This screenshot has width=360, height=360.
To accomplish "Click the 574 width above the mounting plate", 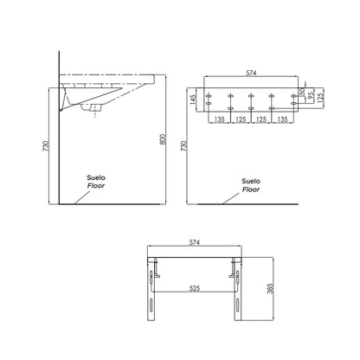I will [x=251, y=73].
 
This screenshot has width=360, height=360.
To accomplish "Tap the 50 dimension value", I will [x=301, y=92].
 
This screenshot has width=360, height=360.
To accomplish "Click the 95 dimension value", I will [x=311, y=95].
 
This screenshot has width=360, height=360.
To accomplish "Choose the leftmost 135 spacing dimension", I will [x=220, y=119].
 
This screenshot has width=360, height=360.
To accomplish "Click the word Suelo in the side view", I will [x=95, y=178].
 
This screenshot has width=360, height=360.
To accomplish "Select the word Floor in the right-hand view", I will [x=250, y=188].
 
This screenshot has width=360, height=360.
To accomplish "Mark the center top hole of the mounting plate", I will [x=251, y=96].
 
